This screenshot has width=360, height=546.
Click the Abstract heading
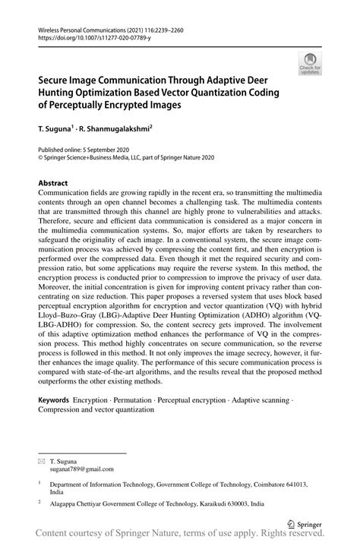[53, 184]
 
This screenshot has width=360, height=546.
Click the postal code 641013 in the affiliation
[286, 483]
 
